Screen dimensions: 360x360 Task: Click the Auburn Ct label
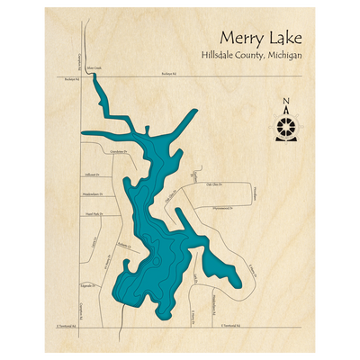coord(127,242)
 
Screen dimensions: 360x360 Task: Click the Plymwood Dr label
coord(219,208)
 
